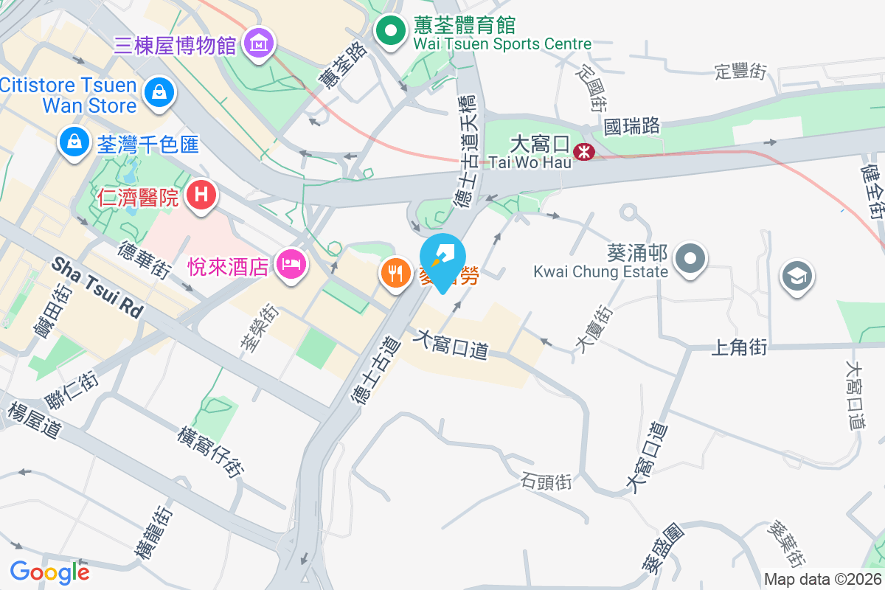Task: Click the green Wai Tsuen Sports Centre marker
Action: coord(391,32)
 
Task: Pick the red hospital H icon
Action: coord(201,195)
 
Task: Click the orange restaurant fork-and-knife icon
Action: coord(397,274)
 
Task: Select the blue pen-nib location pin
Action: coord(442,258)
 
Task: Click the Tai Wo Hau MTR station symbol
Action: coord(585,152)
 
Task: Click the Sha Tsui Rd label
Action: coord(97,287)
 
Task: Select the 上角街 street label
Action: coord(740,347)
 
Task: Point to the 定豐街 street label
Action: coord(740,72)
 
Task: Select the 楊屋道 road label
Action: coord(34,420)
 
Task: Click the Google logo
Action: coord(49,572)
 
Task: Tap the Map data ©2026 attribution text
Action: coord(822,580)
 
